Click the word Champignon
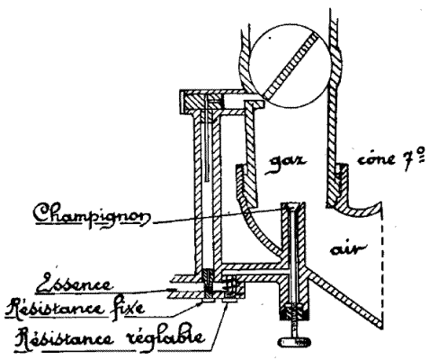[92, 215]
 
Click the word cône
[376, 159]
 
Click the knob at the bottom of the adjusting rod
[294, 341]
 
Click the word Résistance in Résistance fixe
[56, 308]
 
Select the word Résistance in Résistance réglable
[65, 339]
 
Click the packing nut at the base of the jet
[295, 312]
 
